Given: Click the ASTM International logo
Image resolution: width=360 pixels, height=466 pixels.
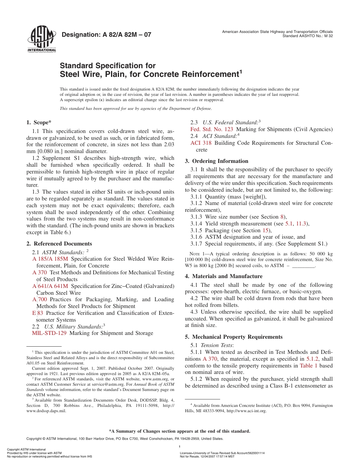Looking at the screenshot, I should [x=42, y=39].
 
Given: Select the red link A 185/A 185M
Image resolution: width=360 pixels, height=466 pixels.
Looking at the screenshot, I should [x=50, y=259].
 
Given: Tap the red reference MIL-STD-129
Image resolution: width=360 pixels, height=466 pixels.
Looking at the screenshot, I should [x=49, y=333].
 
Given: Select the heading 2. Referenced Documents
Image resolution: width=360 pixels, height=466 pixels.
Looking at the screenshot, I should [x=59, y=244].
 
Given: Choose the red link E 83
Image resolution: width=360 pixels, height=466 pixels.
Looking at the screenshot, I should [x=38, y=313].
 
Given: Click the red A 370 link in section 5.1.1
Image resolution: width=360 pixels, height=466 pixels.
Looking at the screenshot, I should [x=210, y=359].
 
